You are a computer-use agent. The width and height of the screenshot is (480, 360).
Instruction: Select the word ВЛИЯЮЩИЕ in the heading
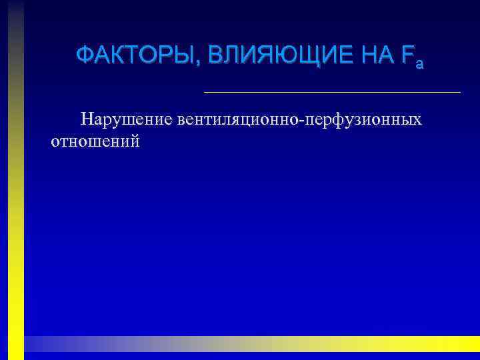[x=274, y=55]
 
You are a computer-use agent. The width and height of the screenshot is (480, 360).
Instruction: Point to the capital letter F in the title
[x=407, y=55]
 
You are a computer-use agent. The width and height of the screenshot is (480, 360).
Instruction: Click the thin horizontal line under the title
[x=331, y=91]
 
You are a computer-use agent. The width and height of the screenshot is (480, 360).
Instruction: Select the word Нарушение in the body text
[x=125, y=120]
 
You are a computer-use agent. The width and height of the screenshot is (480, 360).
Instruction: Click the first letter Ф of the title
[x=84, y=55]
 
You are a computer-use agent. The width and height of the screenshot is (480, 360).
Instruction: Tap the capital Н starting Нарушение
[x=87, y=120]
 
